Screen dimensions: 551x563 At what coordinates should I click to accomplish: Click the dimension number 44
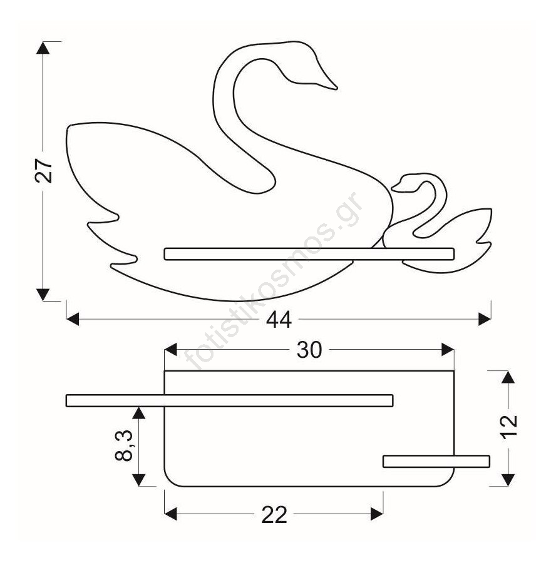(279, 320)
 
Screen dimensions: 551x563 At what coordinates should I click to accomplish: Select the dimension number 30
(309, 350)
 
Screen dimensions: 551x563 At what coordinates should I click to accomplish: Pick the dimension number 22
(274, 515)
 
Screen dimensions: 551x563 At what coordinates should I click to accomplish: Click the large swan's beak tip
(336, 88)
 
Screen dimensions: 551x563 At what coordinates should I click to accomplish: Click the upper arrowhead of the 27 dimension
(43, 48)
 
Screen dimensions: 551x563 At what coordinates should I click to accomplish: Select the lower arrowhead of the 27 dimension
(43, 295)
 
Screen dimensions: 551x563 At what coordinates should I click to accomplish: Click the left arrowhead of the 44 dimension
(73, 319)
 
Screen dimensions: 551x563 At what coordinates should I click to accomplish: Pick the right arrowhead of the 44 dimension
(485, 319)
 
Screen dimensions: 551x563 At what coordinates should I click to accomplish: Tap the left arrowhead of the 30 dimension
(171, 349)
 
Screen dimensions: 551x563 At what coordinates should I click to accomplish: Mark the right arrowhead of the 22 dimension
(377, 514)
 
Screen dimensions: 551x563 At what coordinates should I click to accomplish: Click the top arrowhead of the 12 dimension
(508, 377)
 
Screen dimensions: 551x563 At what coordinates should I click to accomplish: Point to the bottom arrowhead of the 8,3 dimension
(139, 480)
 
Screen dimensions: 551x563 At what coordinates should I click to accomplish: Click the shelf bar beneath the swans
(309, 254)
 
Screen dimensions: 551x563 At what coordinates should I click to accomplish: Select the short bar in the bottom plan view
(436, 462)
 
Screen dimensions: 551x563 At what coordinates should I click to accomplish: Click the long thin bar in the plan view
(230, 401)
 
